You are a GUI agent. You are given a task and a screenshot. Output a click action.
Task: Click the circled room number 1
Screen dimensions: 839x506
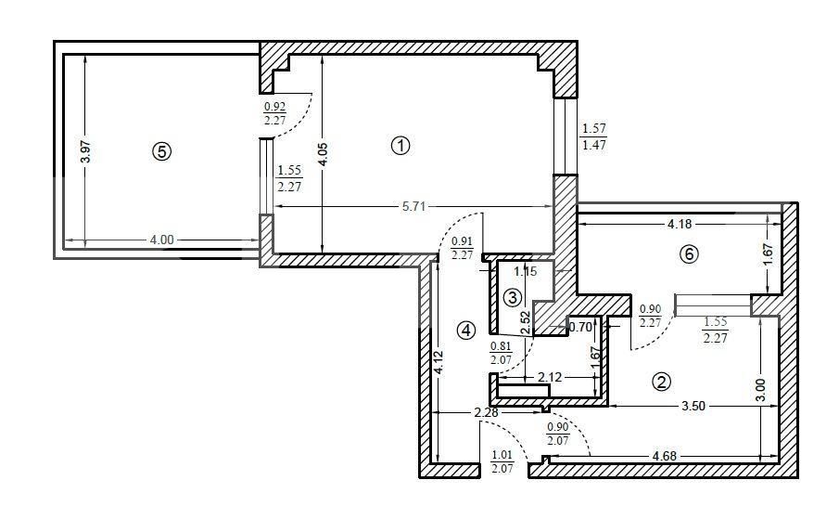point(400,145)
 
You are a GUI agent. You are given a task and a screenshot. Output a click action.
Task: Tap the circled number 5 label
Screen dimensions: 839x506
point(161,151)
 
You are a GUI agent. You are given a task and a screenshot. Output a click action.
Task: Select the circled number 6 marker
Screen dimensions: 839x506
point(689,254)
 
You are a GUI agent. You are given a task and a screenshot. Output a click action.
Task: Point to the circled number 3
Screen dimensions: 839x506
point(513,297)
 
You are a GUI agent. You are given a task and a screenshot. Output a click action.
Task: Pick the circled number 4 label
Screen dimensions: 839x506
point(465,331)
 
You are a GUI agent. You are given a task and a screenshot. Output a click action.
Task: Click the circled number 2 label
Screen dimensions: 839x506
point(661,382)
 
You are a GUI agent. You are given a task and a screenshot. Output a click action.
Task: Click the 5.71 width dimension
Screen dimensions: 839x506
point(413,206)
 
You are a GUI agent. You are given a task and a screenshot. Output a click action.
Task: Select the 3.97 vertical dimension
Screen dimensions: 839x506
point(85,151)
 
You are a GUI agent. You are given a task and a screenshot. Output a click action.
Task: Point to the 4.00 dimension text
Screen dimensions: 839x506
point(161,240)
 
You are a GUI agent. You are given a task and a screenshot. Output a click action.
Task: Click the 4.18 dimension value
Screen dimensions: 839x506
point(680,224)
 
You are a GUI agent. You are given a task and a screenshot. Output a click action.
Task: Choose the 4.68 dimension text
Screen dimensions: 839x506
point(665,456)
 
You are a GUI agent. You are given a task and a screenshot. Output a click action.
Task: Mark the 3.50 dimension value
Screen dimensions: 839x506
point(693,406)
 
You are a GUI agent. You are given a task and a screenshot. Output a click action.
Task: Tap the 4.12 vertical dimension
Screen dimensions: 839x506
point(439,362)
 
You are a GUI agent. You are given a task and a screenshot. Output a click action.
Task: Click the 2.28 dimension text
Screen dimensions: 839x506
point(486,412)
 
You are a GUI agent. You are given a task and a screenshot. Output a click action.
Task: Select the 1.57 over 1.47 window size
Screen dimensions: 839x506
point(593,136)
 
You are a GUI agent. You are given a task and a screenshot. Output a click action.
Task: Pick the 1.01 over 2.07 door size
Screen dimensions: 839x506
point(502,461)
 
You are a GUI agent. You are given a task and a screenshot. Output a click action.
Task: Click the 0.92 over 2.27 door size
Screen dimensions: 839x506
point(274,113)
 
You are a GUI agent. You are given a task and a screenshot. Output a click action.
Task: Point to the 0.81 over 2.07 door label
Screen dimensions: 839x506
point(501,353)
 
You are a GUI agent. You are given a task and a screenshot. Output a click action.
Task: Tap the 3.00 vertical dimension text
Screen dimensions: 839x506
point(760,390)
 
